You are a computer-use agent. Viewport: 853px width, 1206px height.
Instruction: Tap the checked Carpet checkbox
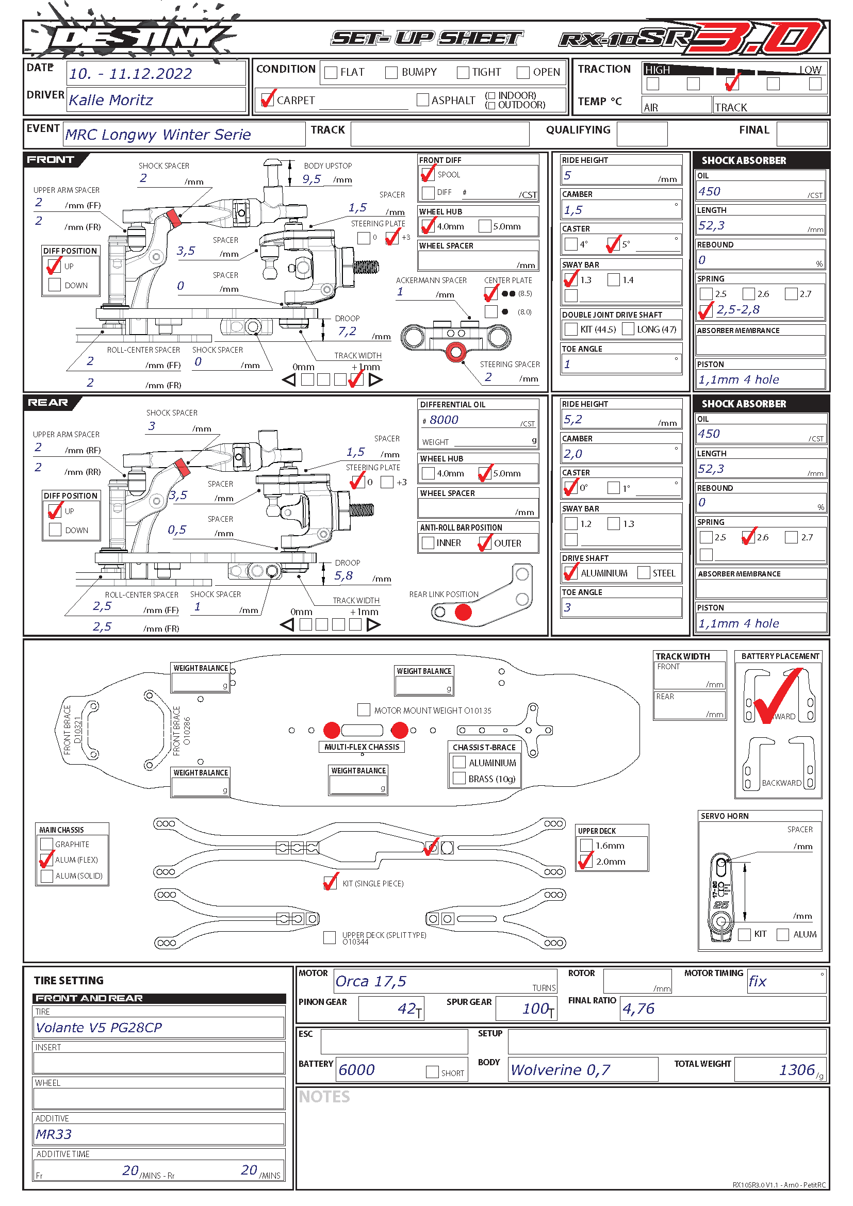tap(268, 100)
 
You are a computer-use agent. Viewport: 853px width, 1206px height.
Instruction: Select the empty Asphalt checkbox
tap(422, 100)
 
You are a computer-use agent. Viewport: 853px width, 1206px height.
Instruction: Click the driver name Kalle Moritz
tap(111, 101)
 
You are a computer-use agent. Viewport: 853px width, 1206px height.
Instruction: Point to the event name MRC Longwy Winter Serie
tap(158, 135)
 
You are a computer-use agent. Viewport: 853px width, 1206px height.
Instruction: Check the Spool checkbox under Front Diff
tap(428, 174)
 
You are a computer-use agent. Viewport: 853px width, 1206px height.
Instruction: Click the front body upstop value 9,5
tap(311, 179)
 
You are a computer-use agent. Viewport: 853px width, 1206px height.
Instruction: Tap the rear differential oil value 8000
tap(444, 420)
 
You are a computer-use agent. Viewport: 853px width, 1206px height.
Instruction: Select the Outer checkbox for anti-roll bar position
tap(485, 543)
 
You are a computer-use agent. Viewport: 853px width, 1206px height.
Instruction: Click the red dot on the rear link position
tap(463, 613)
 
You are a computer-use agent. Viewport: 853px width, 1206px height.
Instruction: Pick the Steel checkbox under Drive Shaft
tap(644, 573)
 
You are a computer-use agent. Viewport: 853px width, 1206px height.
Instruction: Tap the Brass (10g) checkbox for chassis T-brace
tap(459, 779)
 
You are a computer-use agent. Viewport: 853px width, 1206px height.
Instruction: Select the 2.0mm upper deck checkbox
tap(586, 862)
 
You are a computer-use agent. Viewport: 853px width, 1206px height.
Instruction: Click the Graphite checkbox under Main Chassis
tap(47, 844)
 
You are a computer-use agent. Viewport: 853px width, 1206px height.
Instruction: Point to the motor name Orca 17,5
tap(371, 982)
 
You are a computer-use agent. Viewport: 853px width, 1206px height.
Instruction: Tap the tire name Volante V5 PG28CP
tap(99, 1028)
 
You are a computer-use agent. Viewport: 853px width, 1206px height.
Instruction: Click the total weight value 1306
tap(797, 1070)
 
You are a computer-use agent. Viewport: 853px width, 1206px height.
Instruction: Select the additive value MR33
tap(54, 1134)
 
